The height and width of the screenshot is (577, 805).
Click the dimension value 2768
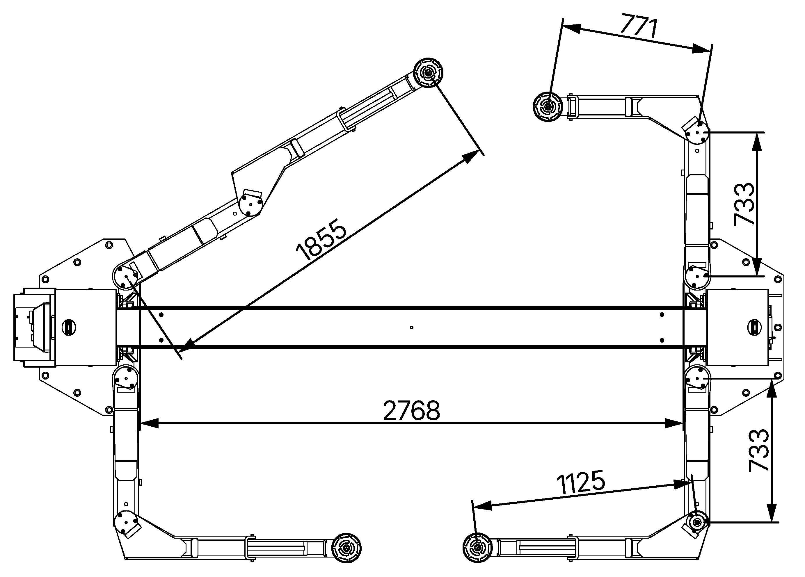[411, 411]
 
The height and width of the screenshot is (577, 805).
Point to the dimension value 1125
[580, 482]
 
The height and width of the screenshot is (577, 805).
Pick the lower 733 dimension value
[758, 451]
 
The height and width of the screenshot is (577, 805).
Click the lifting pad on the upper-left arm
[429, 73]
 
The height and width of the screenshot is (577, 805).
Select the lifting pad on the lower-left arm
[346, 548]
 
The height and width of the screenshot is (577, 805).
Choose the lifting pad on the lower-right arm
[478, 548]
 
